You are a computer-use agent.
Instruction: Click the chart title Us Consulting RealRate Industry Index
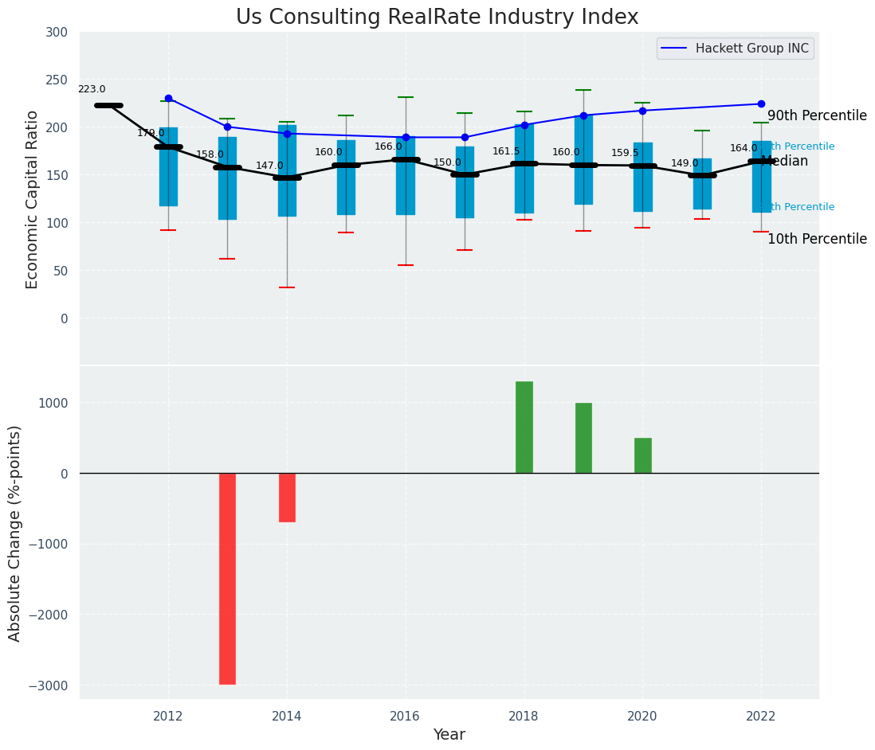tap(437, 18)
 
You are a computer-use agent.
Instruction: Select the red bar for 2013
tap(227, 578)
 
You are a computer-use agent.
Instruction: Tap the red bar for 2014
tap(287, 498)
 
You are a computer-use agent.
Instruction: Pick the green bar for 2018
tap(524, 428)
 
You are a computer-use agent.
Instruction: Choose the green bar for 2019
tap(583, 438)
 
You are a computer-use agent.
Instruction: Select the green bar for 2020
tap(642, 455)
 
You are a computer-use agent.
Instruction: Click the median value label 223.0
tap(92, 90)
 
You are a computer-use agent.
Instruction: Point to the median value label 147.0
tap(269, 166)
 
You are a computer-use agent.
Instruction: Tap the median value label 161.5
tap(506, 152)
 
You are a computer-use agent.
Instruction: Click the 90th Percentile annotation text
tap(817, 116)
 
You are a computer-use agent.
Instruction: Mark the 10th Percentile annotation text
tap(817, 240)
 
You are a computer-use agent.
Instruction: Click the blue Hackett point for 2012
tap(168, 98)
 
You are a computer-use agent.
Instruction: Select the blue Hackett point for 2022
tap(761, 104)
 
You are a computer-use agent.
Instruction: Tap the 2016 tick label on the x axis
tap(406, 716)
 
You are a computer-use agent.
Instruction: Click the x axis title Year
tap(449, 735)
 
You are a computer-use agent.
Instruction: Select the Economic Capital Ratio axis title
tap(33, 199)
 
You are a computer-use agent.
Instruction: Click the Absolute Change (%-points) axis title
tap(15, 533)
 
